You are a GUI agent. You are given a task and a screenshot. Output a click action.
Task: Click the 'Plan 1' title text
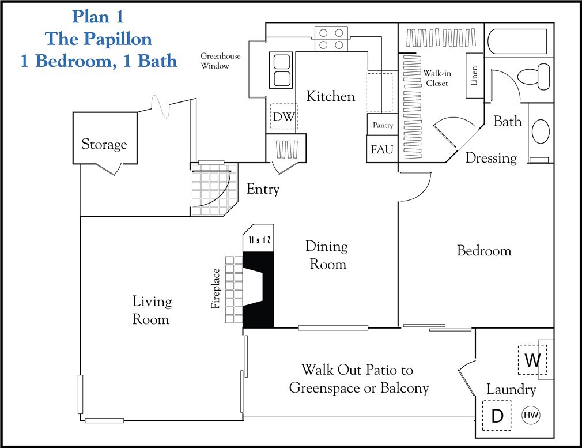click(x=98, y=16)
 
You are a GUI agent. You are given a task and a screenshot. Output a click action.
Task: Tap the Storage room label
click(x=104, y=144)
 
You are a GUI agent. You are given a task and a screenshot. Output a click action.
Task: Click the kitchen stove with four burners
click(x=331, y=38)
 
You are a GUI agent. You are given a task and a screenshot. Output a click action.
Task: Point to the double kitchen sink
click(x=282, y=70)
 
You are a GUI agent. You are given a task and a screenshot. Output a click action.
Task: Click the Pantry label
click(x=383, y=125)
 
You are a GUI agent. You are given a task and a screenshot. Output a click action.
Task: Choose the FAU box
click(x=382, y=149)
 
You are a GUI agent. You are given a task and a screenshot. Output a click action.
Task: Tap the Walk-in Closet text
click(x=436, y=78)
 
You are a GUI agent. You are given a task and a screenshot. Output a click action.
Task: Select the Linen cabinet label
click(x=474, y=76)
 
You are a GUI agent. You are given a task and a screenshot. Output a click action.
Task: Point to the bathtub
click(x=517, y=41)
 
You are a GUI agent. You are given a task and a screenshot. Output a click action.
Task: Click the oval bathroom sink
click(x=541, y=131)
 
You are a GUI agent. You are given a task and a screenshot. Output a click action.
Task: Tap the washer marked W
click(x=532, y=360)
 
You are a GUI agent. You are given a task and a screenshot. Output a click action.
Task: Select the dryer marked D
click(x=497, y=416)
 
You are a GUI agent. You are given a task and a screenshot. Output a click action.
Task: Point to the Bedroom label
click(x=484, y=251)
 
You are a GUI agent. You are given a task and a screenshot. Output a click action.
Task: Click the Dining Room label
click(x=327, y=255)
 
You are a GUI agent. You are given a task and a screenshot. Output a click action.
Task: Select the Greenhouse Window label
click(x=220, y=61)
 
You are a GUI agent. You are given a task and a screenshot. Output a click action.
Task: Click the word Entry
click(x=263, y=189)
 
